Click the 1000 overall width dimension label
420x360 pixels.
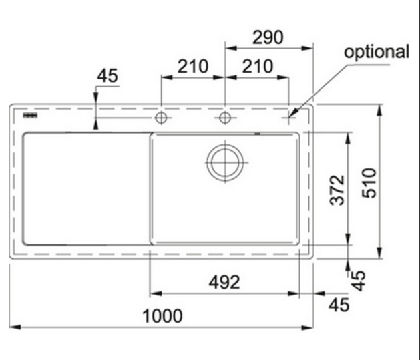(x=162, y=316)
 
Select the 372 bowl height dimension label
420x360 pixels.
(x=337, y=190)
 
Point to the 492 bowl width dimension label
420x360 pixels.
(x=224, y=282)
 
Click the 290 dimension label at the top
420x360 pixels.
(x=268, y=37)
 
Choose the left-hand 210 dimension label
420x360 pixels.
(x=193, y=66)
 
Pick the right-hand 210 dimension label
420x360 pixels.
(x=258, y=66)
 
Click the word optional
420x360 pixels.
(x=377, y=51)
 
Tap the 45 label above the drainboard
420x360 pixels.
(x=107, y=76)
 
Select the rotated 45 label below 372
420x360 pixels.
(x=358, y=281)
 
